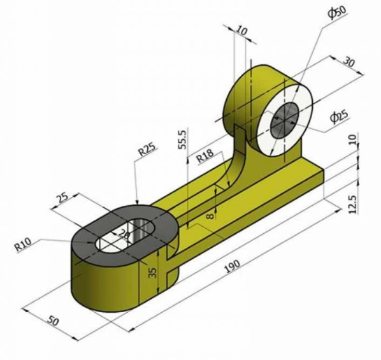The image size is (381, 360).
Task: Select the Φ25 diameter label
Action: (x=338, y=116)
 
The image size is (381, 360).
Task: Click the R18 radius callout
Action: (x=205, y=155)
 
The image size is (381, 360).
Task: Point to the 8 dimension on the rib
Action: (x=211, y=215)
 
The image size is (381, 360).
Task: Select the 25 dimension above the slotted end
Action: (x=62, y=198)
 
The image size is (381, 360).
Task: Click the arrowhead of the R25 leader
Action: (x=137, y=201)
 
